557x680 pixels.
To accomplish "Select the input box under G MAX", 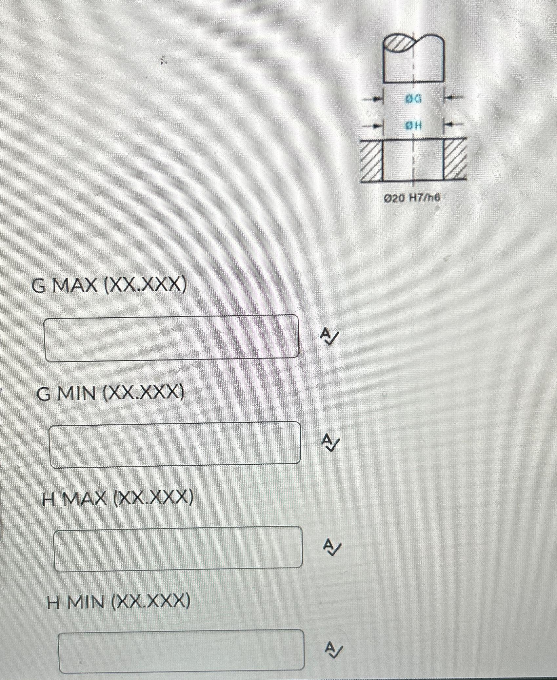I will (x=172, y=338).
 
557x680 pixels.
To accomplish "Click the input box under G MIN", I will (x=175, y=444).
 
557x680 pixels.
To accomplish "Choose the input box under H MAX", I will (x=178, y=549).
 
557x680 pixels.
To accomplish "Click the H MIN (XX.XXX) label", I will (x=118, y=602).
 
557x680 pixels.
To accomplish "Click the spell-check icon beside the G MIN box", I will (x=331, y=442).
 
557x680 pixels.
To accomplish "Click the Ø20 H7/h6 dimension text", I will (x=412, y=198).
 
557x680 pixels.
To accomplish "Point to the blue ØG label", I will (x=414, y=99).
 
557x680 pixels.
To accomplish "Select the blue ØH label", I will (x=414, y=125).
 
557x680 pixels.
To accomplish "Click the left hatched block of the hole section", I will (x=372, y=160).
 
